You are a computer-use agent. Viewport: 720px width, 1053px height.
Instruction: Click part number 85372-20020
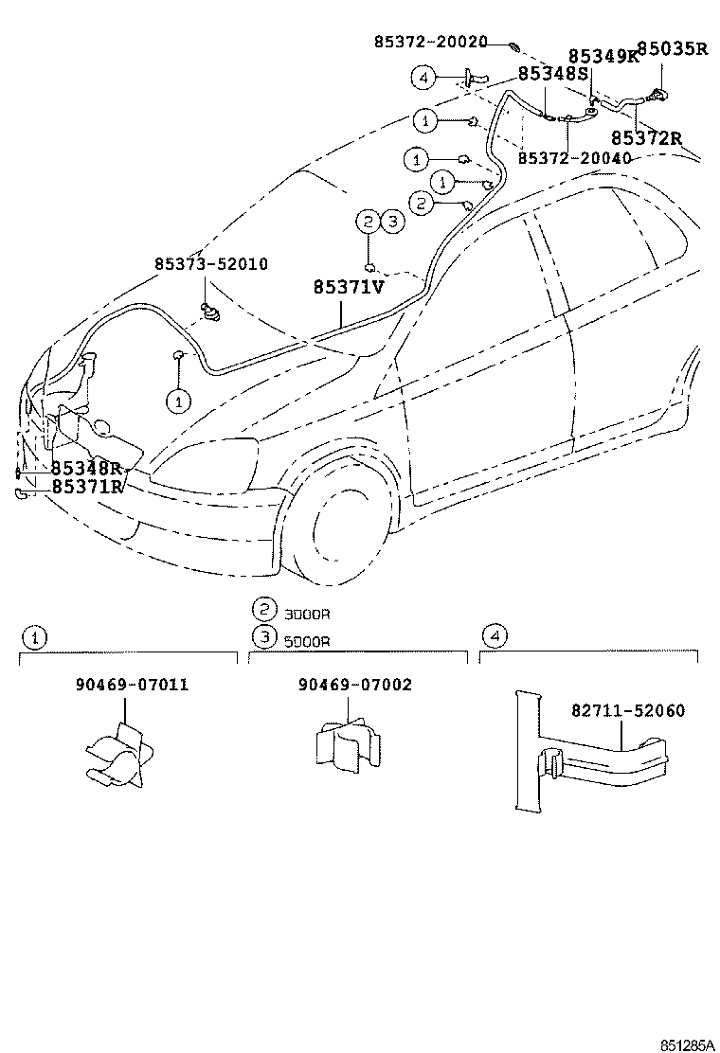tap(430, 42)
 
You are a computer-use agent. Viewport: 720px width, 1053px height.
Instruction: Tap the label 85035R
tap(671, 48)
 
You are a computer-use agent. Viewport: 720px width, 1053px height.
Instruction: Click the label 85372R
tap(646, 138)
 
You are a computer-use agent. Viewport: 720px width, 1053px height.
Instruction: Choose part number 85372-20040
tap(574, 158)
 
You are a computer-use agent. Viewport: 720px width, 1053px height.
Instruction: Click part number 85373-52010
tap(210, 263)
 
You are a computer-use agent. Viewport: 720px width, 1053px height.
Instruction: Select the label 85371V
tap(349, 286)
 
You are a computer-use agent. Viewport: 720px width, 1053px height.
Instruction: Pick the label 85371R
tap(87, 487)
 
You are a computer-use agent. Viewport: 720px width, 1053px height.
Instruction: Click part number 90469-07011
tap(132, 685)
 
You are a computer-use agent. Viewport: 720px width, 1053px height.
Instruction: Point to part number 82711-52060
tap(627, 710)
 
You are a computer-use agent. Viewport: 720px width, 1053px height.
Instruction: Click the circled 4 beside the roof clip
tap(423, 77)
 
